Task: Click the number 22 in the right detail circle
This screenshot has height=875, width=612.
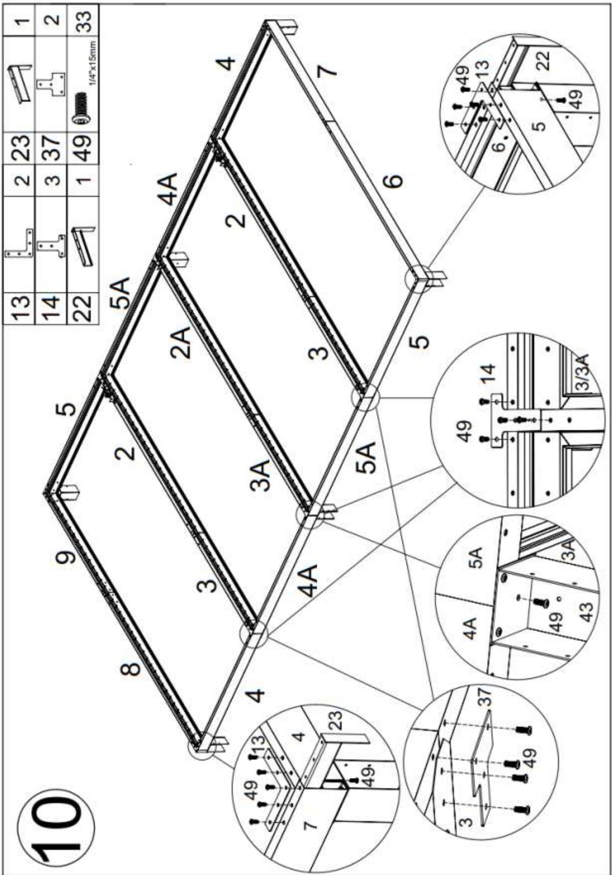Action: [545, 60]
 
